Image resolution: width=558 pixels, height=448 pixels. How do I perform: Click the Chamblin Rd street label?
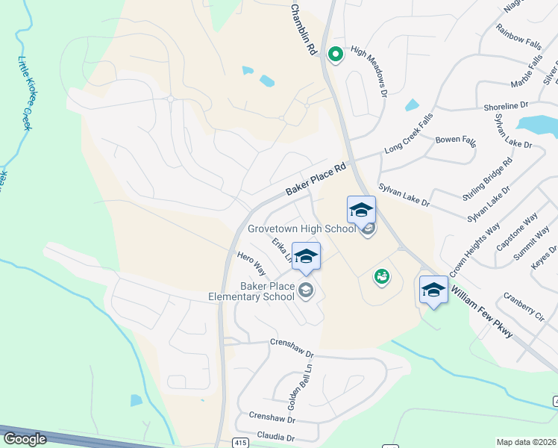tap(302, 28)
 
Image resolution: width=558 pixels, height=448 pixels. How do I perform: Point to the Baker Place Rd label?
tap(317, 181)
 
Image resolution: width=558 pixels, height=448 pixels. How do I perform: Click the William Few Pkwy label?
tap(481, 308)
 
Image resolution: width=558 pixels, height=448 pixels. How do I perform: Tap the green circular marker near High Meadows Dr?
tap(335, 54)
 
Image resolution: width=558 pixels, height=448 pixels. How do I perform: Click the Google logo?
tap(25, 439)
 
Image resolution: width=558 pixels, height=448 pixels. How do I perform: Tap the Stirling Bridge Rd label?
tap(487, 180)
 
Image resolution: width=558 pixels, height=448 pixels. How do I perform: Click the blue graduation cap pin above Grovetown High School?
tap(361, 210)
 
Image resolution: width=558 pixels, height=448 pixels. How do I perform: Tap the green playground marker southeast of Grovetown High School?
tap(381, 277)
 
